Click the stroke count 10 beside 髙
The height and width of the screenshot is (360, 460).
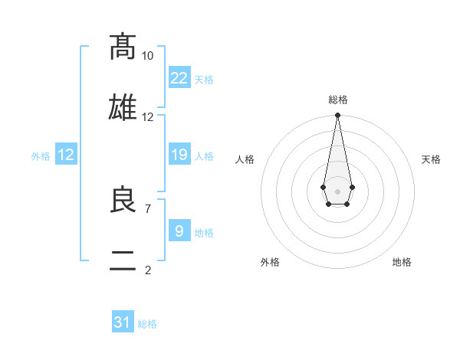[x=147, y=56]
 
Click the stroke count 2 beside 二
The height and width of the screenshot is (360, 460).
[x=147, y=270]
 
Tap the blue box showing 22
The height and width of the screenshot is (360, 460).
[x=179, y=78]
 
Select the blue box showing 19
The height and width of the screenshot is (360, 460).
[x=179, y=155]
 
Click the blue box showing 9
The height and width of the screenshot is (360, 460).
[x=179, y=231]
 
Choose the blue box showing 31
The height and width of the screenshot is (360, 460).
[x=123, y=322]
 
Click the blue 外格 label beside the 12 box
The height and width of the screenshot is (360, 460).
[x=41, y=156]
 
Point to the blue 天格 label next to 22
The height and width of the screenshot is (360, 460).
[x=204, y=80]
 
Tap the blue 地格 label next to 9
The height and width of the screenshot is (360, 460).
[x=204, y=233]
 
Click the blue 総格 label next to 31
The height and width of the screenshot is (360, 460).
[x=147, y=324]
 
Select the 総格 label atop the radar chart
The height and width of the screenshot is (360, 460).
[x=337, y=100]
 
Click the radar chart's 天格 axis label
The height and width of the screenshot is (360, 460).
[x=432, y=159]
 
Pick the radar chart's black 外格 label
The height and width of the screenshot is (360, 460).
[x=270, y=262]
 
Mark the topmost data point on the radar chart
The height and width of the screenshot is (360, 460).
[x=337, y=116]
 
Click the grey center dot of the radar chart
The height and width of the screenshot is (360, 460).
[x=337, y=190]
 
